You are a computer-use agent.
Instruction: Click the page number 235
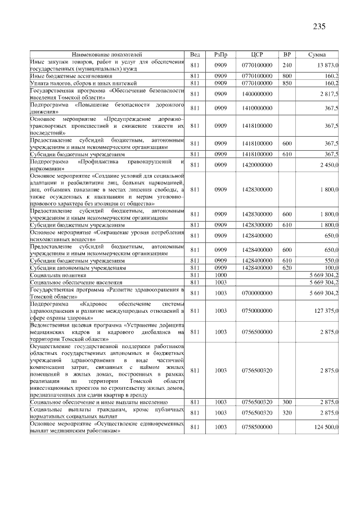[319, 26]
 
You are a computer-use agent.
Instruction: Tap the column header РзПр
[220, 54]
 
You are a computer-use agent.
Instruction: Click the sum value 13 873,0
[326, 65]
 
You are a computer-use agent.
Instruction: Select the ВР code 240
[287, 65]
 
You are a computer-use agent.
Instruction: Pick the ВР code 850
[287, 83]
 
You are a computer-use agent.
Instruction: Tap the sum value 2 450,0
[327, 165]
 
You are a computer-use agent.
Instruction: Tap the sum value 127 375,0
[326, 310]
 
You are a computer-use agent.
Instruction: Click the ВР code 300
[287, 403]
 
